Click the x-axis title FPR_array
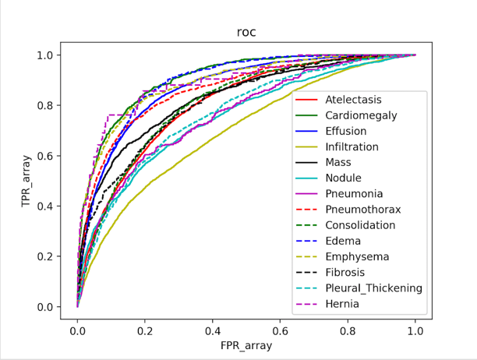point(246,346)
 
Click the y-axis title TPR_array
point(27,180)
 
